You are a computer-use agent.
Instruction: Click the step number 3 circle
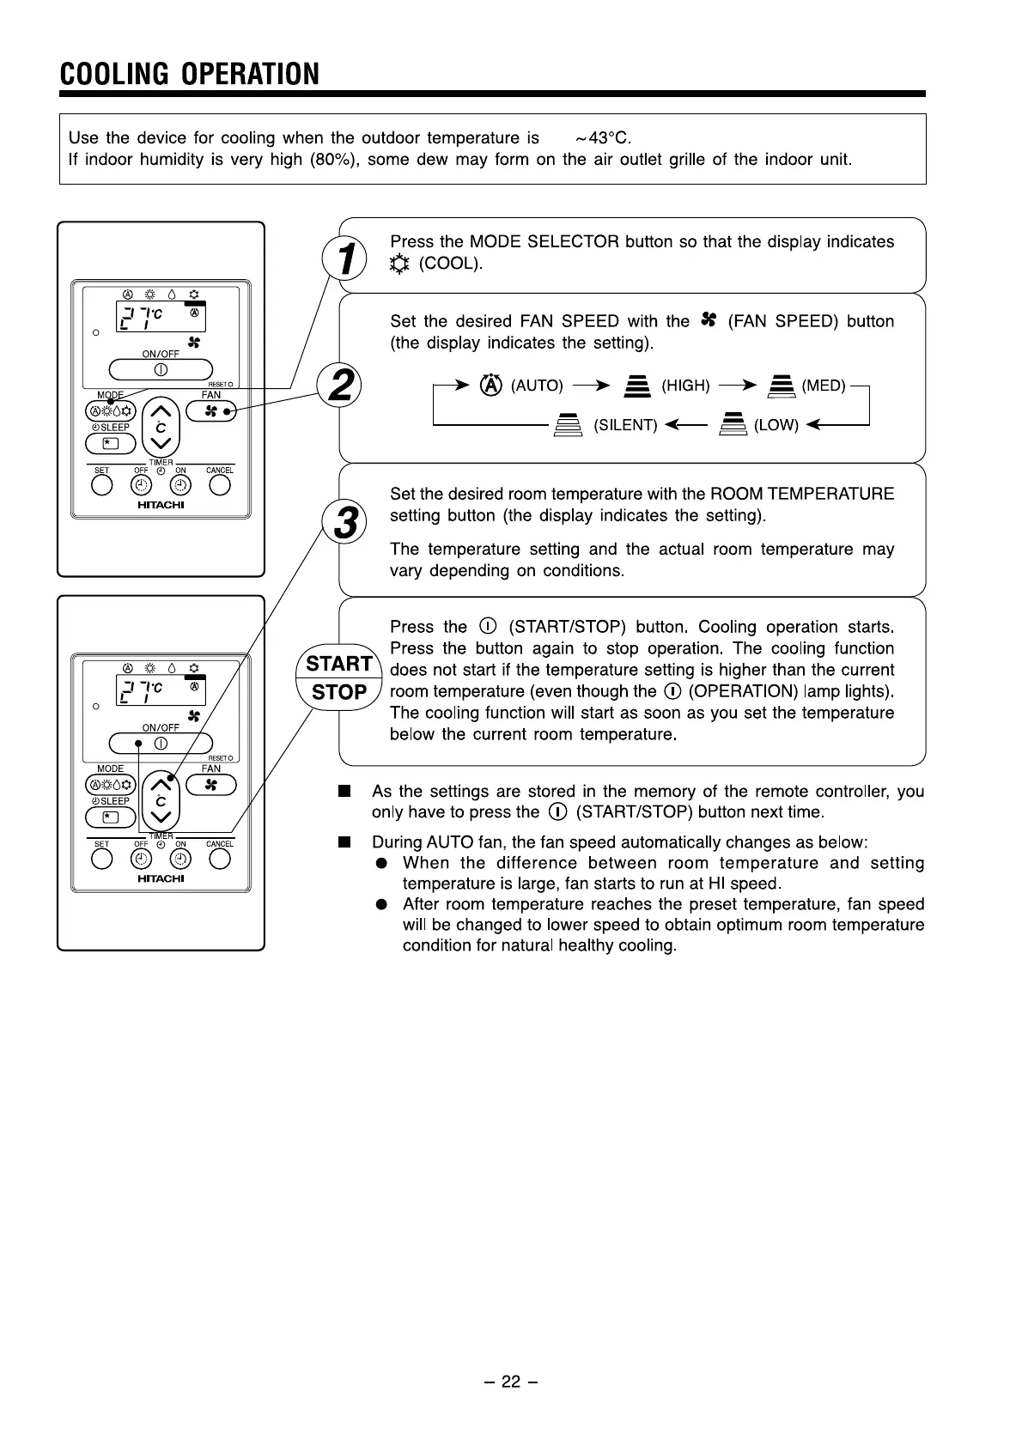pyautogui.click(x=344, y=523)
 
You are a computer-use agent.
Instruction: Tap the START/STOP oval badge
pyautogui.click(x=338, y=677)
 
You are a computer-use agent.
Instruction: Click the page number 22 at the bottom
pyautogui.click(x=511, y=1382)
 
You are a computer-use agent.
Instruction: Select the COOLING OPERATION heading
pyautogui.click(x=190, y=75)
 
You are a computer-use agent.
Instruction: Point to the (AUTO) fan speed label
pyautogui.click(x=537, y=386)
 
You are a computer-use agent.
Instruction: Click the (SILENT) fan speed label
pyautogui.click(x=625, y=425)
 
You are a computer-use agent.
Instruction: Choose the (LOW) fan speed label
pyautogui.click(x=776, y=425)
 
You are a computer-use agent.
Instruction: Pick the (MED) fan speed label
pyautogui.click(x=823, y=386)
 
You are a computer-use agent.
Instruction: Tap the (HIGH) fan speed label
pyautogui.click(x=685, y=386)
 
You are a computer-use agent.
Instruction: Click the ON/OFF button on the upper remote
pyautogui.click(x=161, y=370)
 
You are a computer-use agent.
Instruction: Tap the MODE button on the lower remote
pyautogui.click(x=111, y=785)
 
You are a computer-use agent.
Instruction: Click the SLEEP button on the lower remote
pyautogui.click(x=111, y=817)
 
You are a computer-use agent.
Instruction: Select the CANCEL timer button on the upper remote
pyautogui.click(x=220, y=485)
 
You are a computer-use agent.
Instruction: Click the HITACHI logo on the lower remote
pyautogui.click(x=161, y=878)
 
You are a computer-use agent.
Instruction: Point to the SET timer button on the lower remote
pyautogui.click(x=101, y=859)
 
